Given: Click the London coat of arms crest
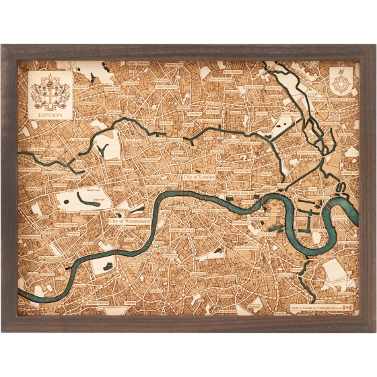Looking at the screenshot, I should pos(50,91).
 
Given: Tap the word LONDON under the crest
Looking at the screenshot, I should pos(50,114).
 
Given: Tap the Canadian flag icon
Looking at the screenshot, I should pos(345,306).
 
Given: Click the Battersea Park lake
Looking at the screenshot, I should pos(101,267).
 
